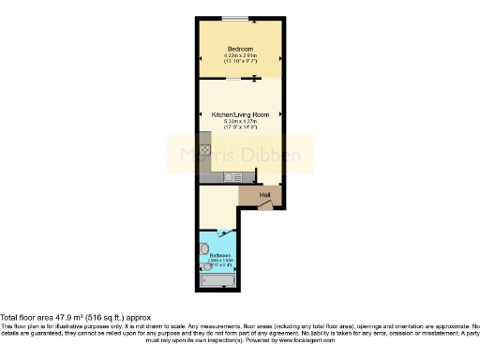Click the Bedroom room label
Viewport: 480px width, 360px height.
[x=240, y=49]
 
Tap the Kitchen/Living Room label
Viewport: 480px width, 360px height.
[x=240, y=114]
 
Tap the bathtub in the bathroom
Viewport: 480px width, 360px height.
[x=219, y=279]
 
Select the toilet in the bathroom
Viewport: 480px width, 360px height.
[x=205, y=249]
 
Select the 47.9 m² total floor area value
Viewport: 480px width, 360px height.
[x=70, y=317]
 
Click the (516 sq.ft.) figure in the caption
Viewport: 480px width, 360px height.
[x=111, y=317]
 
